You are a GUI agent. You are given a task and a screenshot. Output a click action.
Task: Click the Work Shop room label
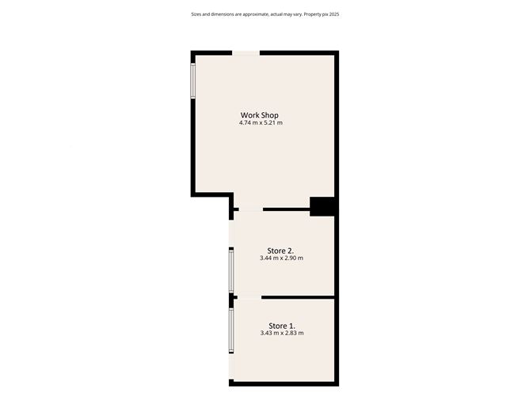coord(260,115)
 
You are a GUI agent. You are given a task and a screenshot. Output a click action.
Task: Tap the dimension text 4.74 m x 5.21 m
coord(261,123)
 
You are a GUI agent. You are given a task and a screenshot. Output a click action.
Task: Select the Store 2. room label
coord(280,251)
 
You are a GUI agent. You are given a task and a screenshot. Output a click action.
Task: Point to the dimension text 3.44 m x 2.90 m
coord(281,258)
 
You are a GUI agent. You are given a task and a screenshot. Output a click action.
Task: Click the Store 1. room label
coord(281,326)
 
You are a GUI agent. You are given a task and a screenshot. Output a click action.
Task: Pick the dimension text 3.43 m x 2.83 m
coord(281,334)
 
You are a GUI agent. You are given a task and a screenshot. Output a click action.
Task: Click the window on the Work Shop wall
coord(192,80)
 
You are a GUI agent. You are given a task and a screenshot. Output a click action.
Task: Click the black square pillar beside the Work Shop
coord(322,206)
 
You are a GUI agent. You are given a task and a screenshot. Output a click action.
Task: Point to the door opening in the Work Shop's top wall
coord(245,53)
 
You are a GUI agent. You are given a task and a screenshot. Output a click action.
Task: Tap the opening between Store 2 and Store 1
coord(248,297)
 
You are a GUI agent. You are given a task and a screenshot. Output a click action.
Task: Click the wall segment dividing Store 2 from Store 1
coord(297,297)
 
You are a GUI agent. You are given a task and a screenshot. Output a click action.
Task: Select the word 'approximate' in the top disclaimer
coord(253,14)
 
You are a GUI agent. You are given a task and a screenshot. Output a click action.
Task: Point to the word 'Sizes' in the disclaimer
coord(197,14)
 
